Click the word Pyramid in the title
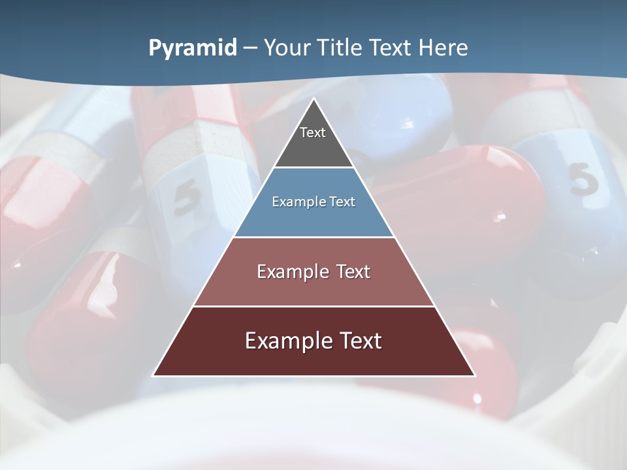point(193,48)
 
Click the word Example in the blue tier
point(296,202)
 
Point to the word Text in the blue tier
point(342,202)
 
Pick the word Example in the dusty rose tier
point(290,272)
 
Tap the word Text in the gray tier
point(313,133)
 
